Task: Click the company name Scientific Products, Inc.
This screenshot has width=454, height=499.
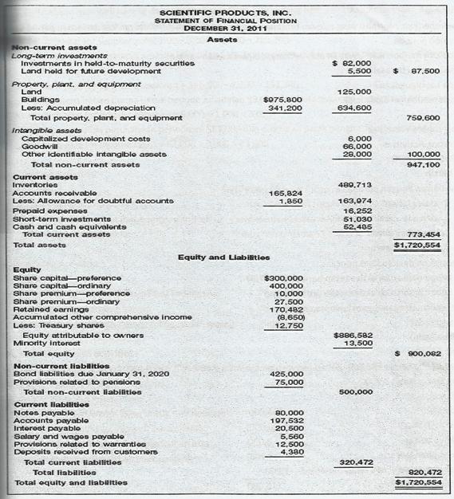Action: coord(227,13)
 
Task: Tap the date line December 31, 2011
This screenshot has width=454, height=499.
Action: coord(227,29)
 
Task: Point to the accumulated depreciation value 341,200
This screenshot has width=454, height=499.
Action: coord(285,108)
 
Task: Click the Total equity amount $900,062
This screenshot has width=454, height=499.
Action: coord(419,353)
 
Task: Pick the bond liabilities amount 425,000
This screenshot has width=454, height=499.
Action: coord(287,373)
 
